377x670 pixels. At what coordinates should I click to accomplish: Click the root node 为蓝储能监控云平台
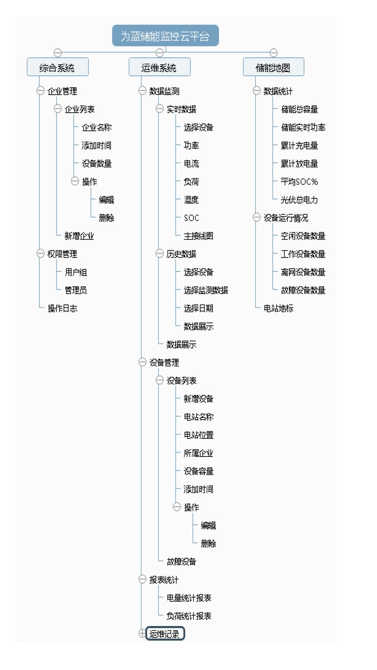[165, 36]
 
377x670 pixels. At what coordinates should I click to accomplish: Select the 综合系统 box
[58, 67]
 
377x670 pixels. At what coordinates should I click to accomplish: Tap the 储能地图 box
[274, 67]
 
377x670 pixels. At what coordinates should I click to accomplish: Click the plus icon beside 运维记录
[142, 633]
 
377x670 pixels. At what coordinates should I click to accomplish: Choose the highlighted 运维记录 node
[165, 633]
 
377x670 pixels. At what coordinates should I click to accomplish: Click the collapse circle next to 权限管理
[40, 253]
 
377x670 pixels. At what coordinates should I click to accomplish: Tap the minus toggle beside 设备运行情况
[257, 217]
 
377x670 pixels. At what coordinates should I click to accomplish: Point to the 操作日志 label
[62, 308]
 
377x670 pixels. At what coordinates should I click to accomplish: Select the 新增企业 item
[79, 236]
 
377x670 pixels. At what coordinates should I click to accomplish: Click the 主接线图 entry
[199, 236]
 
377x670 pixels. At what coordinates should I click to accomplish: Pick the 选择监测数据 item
[206, 290]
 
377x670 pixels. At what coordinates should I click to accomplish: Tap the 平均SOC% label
[299, 182]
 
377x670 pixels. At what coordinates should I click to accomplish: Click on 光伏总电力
[299, 199]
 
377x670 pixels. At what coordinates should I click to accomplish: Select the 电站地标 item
[278, 308]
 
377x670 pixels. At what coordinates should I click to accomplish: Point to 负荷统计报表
[189, 616]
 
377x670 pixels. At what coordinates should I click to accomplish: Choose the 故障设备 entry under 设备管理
[181, 562]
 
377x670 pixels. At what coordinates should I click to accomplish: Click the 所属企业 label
[199, 453]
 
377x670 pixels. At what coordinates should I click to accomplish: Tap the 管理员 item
[76, 290]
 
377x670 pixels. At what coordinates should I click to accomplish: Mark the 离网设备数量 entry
[303, 272]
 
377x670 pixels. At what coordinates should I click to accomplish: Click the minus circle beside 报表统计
[142, 579]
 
